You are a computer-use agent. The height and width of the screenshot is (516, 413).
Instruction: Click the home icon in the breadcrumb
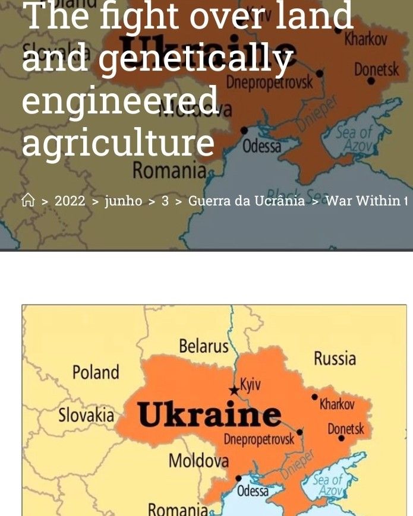coord(28,201)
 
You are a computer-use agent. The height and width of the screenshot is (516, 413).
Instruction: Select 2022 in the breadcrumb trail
coord(70,201)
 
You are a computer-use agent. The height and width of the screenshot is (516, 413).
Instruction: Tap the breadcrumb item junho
coord(124,201)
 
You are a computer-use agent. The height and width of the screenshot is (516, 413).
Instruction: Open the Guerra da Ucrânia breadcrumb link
coord(246,201)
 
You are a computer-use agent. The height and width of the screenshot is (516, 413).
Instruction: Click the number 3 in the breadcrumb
coord(165,201)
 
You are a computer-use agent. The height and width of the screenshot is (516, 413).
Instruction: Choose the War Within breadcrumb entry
coord(365,201)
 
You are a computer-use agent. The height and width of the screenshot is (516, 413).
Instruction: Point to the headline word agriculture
coord(118,142)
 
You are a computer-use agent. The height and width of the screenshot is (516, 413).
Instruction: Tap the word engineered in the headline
coord(120,101)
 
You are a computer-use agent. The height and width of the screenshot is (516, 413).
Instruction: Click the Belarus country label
coord(203,346)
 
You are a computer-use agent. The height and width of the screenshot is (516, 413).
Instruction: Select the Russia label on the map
coord(335,358)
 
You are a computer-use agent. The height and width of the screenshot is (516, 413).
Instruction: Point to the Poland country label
coord(96,372)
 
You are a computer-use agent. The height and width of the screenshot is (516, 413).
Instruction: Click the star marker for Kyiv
coord(234,390)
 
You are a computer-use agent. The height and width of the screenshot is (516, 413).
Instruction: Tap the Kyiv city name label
coord(250,384)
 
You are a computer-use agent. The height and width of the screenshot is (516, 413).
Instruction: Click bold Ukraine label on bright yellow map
coord(209,416)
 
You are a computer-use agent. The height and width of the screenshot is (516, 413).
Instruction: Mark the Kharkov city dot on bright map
coord(314,397)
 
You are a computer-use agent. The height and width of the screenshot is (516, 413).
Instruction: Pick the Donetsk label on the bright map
coord(346,428)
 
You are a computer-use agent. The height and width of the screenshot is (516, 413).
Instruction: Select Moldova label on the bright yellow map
coord(198,460)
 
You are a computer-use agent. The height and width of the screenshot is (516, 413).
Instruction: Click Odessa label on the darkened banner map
coord(261,145)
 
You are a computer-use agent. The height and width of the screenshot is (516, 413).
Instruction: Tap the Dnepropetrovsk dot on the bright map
coord(299,432)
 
